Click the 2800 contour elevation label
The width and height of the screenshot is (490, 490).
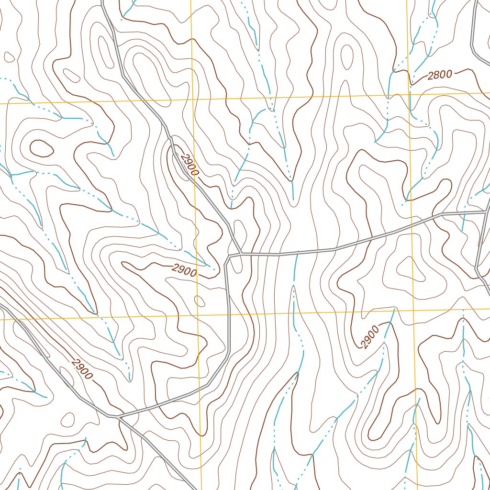point(440,75)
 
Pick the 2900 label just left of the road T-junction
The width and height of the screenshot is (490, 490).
point(184,271)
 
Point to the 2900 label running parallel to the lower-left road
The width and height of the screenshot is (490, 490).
point(82,368)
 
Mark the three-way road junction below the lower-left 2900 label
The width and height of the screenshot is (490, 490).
point(118,417)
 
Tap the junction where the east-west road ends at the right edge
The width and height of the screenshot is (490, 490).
point(487,211)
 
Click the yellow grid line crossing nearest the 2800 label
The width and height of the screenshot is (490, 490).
point(410,94)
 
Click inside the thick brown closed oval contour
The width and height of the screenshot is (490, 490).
point(42,149)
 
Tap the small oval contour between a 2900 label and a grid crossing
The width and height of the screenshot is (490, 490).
point(200,301)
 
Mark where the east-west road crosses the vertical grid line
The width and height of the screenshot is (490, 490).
point(412,223)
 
